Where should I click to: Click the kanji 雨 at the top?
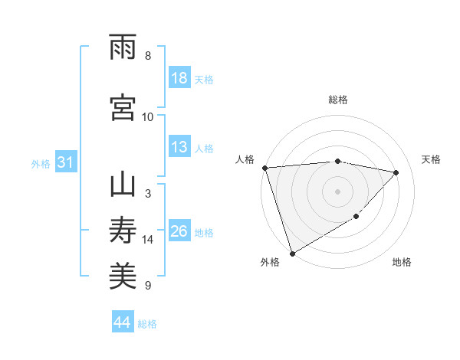click(123, 47)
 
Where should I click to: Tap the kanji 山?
click(123, 185)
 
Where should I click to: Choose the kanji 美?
click(123, 276)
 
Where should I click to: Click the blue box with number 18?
click(179, 79)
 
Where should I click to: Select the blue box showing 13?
click(179, 148)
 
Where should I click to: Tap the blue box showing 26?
click(179, 232)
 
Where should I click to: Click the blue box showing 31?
click(65, 163)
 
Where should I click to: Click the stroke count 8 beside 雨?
click(148, 56)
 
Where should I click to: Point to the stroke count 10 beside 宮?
click(148, 116)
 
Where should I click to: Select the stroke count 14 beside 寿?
click(148, 240)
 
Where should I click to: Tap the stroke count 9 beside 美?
click(148, 286)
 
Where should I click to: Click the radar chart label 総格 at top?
click(338, 100)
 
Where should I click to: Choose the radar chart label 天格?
click(432, 159)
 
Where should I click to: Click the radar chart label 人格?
click(245, 159)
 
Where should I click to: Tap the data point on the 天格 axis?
click(396, 172)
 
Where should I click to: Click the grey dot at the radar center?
click(338, 191)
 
